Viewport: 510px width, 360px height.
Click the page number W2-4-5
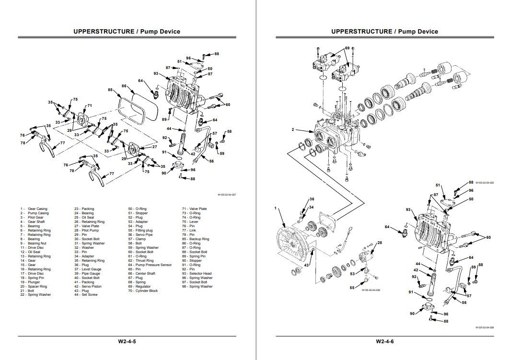tap(127, 342)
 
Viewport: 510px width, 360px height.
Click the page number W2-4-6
tap(384, 342)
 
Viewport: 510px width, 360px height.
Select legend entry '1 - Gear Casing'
tap(34, 209)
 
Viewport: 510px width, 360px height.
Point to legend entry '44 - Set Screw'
tap(86, 294)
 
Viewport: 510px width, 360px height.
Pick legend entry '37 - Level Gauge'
tap(88, 269)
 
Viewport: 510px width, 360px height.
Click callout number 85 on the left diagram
tap(110, 90)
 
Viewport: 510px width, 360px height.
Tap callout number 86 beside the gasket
tap(124, 86)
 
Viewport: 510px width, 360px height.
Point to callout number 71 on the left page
tap(89, 105)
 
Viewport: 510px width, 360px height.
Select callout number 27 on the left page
tap(154, 147)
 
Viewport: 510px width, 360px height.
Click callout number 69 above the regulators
tap(347, 48)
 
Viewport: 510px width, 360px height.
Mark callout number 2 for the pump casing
tap(292, 129)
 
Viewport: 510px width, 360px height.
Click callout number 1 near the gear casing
tap(276, 209)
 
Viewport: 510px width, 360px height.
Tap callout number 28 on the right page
tap(380, 243)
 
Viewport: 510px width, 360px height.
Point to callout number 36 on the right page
tap(312, 199)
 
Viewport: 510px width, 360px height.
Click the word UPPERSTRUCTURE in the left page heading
tap(102, 32)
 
